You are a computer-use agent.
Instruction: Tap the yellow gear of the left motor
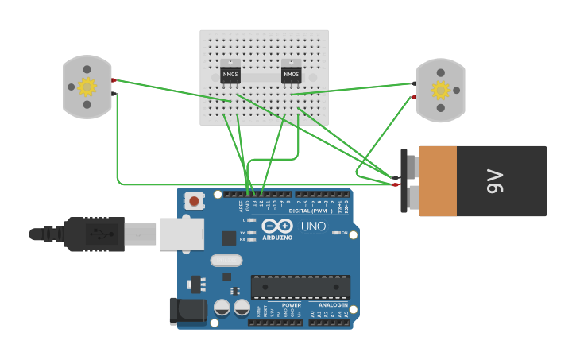pyautogui.click(x=87, y=86)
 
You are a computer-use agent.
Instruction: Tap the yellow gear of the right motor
pyautogui.click(x=440, y=89)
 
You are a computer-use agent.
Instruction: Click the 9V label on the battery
pyautogui.click(x=496, y=181)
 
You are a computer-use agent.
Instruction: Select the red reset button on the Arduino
pyautogui.click(x=195, y=201)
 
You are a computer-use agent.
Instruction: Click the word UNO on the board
pyautogui.click(x=313, y=226)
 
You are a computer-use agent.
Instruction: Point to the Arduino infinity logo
pyautogui.click(x=277, y=225)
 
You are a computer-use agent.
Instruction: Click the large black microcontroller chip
pyautogui.click(x=300, y=287)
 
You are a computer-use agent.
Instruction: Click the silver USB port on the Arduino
pyautogui.click(x=181, y=234)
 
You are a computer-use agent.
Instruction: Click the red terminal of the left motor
pyautogui.click(x=114, y=80)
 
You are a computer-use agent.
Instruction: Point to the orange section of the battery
pyautogui.click(x=438, y=181)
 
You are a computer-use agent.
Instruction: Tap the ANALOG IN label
pyautogui.click(x=333, y=305)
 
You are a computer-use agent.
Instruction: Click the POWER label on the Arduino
pyautogui.click(x=292, y=305)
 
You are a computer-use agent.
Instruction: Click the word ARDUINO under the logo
pyautogui.click(x=277, y=238)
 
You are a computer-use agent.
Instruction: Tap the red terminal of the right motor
pyautogui.click(x=413, y=97)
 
